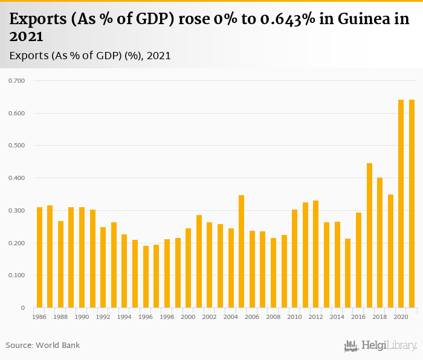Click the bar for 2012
[316, 254]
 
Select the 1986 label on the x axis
[40, 317]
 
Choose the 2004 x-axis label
[231, 317]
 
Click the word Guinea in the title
[360, 19]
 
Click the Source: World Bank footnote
[43, 346]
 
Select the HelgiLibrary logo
[381, 346]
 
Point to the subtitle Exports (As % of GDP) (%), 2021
[90, 56]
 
